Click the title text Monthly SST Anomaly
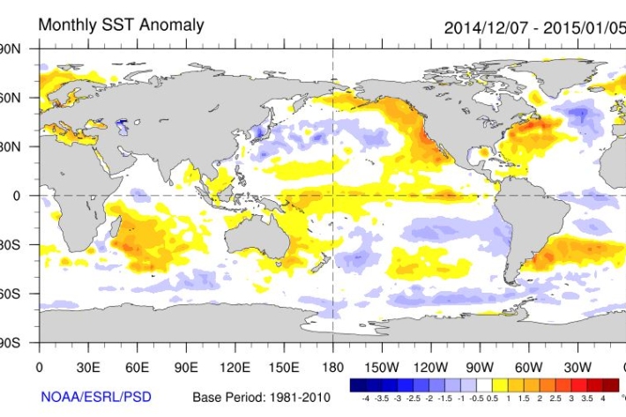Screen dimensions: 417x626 point(121,25)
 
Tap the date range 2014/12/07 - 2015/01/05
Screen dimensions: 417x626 point(534,26)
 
